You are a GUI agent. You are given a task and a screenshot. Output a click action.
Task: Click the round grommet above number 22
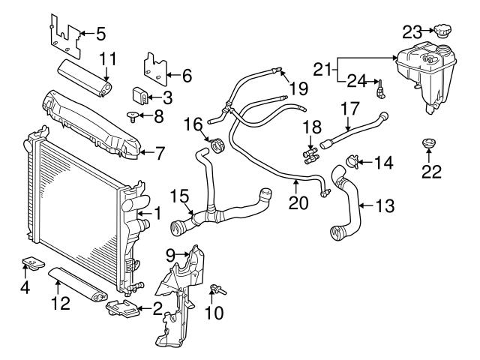tap(429, 142)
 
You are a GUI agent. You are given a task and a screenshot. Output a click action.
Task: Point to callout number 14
tap(383, 160)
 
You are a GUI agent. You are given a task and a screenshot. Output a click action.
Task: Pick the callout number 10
tap(214, 311)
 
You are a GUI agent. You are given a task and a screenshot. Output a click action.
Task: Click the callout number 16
tap(192, 122)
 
